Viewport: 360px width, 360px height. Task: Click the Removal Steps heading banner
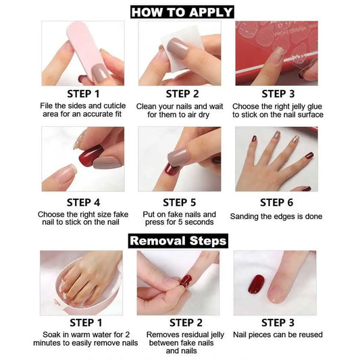click(178, 240)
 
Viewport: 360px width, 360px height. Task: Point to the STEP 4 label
click(83, 202)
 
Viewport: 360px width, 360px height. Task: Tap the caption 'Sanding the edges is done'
click(276, 217)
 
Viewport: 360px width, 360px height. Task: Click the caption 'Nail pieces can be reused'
click(278, 334)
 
